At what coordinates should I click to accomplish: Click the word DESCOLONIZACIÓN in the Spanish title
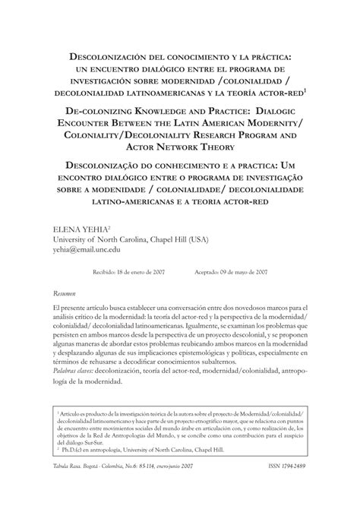102,55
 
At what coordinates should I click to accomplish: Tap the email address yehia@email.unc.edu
88,248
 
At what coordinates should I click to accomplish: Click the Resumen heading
64,292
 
